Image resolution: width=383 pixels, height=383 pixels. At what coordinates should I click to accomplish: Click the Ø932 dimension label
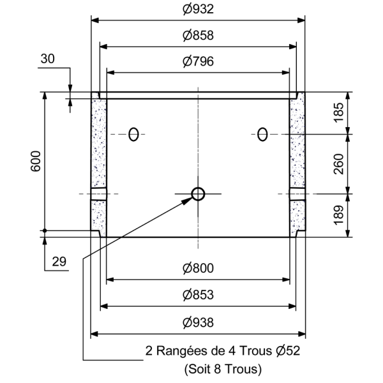[198, 10]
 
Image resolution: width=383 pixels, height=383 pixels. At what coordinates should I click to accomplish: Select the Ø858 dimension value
[198, 36]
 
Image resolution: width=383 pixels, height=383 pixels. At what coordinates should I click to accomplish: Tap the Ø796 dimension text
[198, 62]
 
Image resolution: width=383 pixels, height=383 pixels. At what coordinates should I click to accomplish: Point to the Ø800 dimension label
[198, 269]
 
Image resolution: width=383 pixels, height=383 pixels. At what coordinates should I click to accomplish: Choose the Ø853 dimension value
[198, 296]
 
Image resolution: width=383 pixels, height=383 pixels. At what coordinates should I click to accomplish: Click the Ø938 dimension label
[198, 322]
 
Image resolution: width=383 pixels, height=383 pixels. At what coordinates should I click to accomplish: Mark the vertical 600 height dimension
[36, 163]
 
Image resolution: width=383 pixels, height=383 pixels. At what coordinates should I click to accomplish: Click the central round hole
[198, 193]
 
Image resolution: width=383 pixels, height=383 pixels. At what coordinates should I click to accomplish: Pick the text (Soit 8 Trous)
[222, 368]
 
